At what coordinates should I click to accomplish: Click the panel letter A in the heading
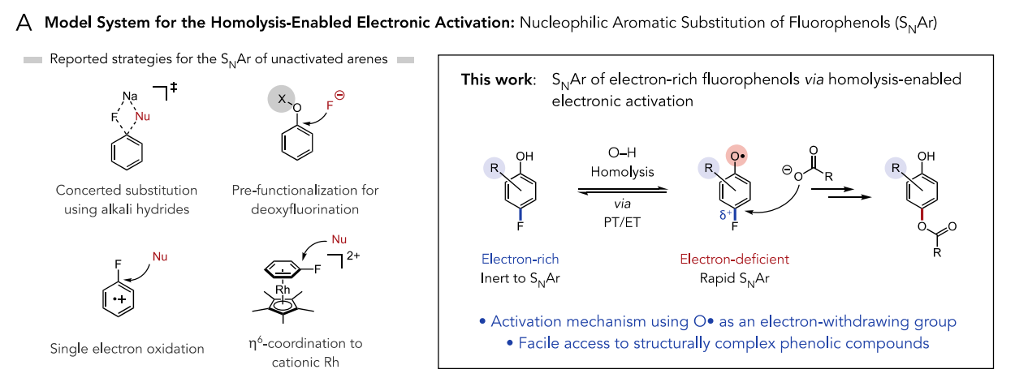pyautogui.click(x=24, y=24)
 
